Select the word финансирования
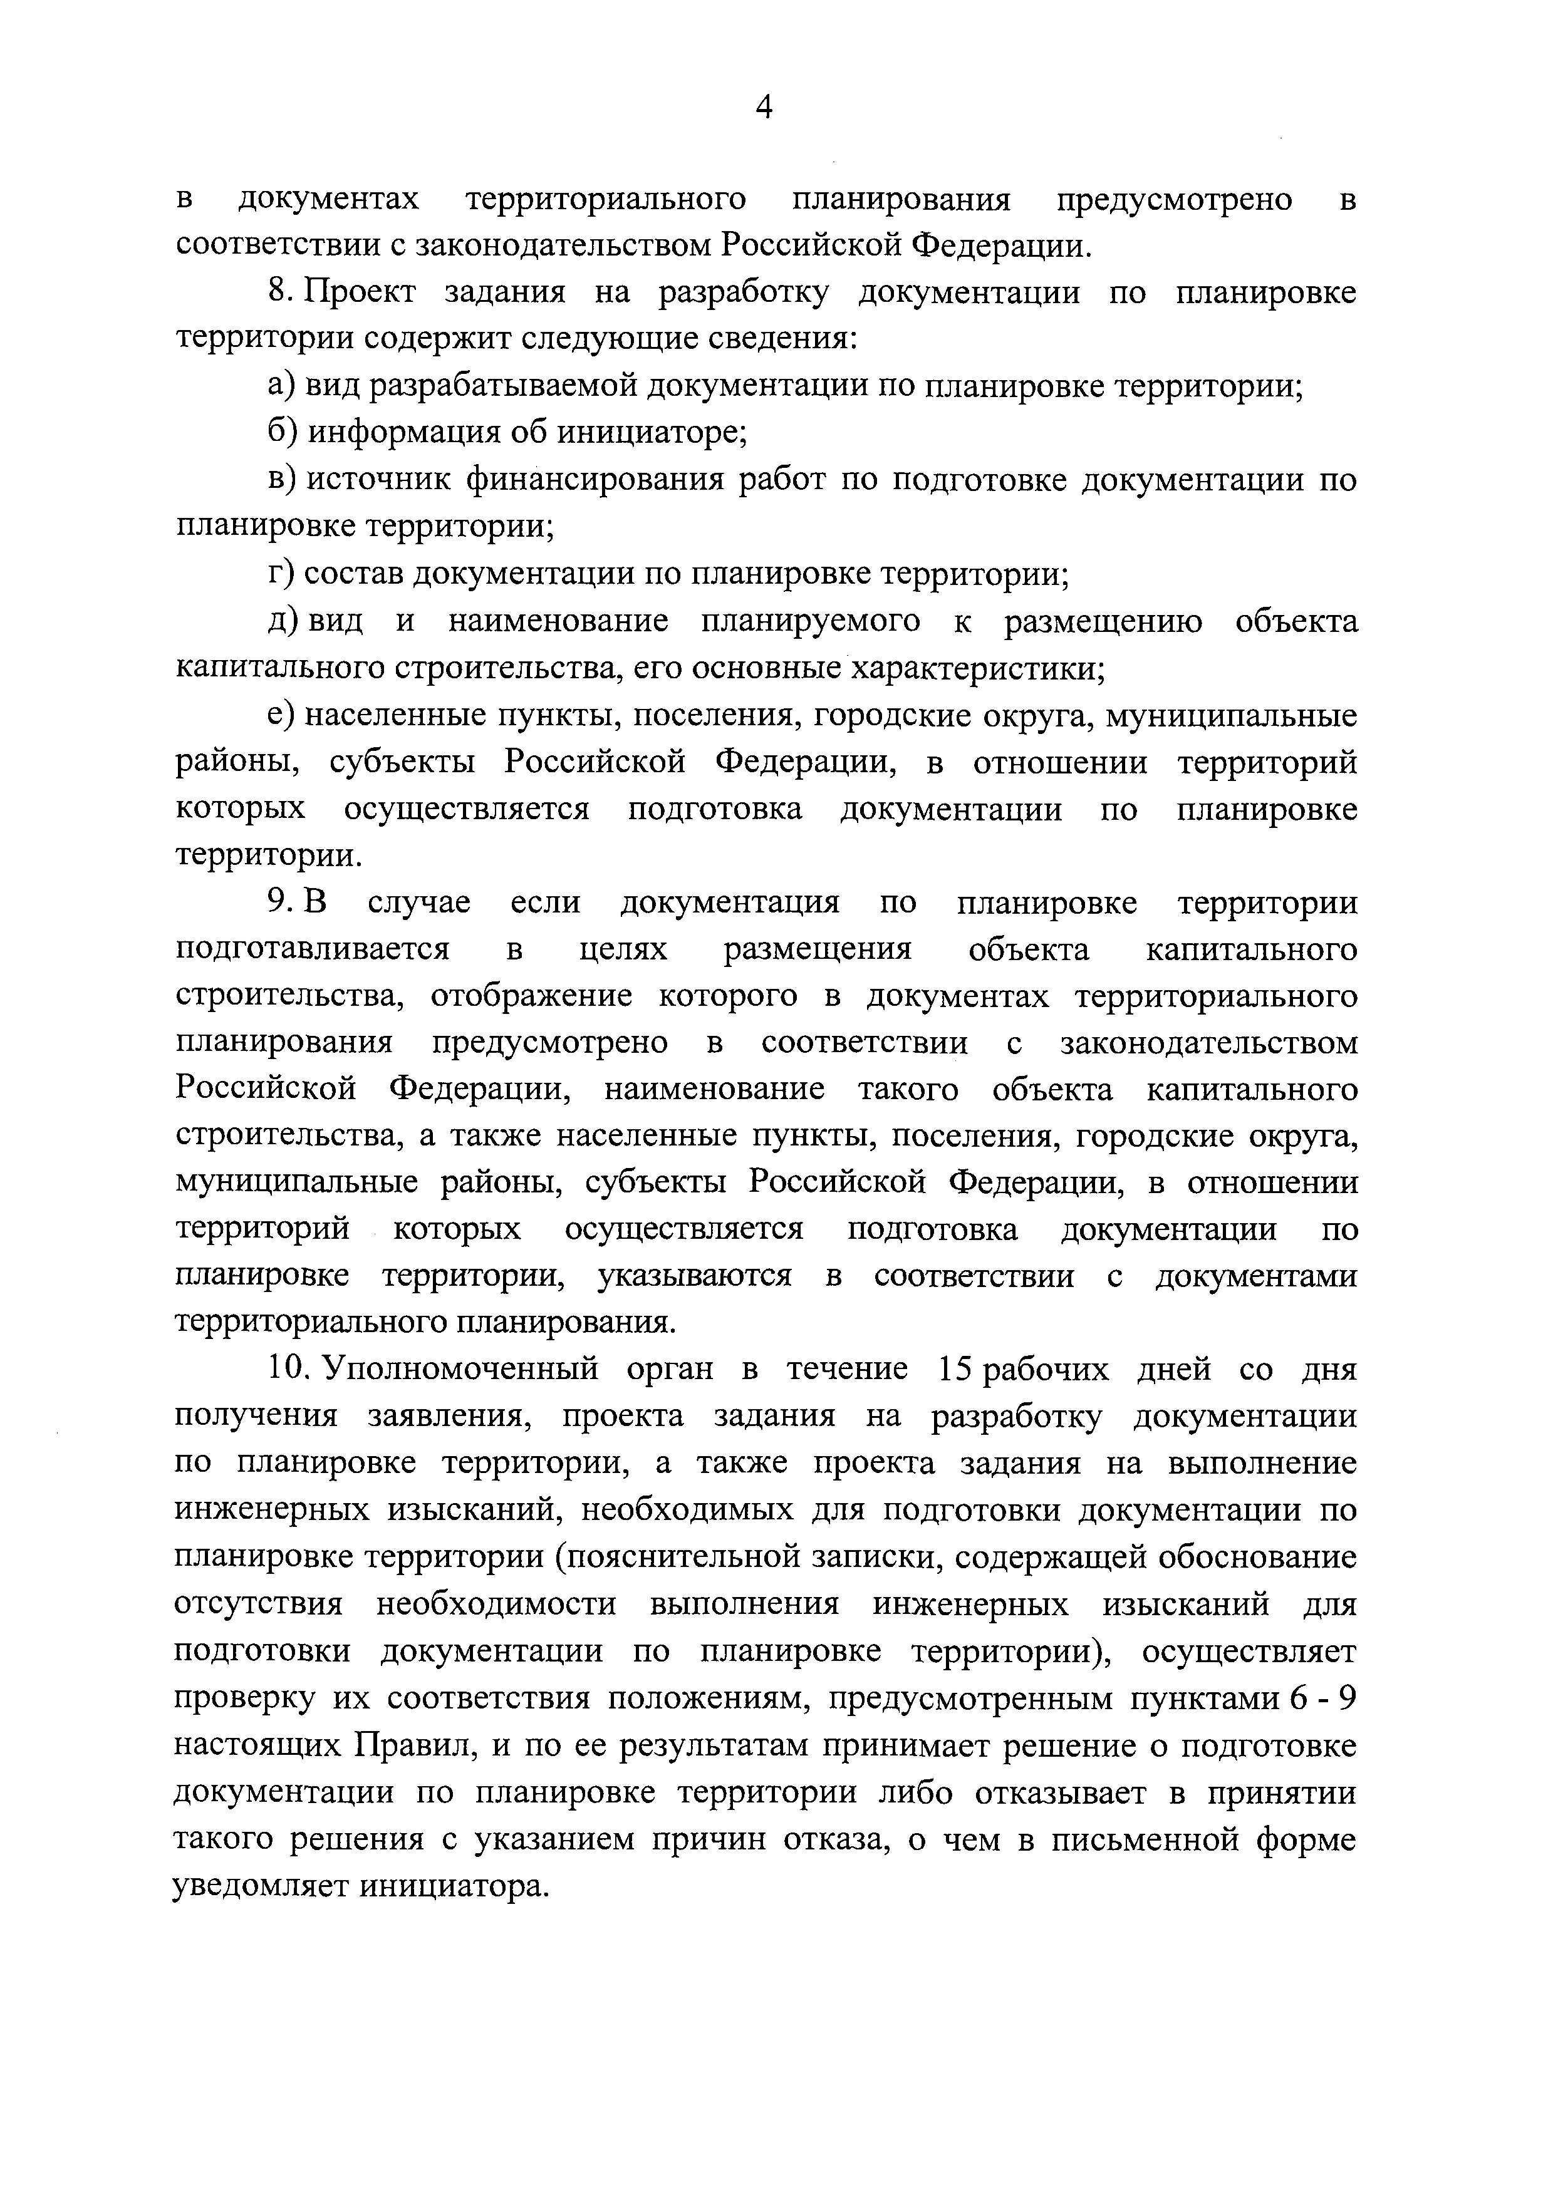(593, 479)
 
